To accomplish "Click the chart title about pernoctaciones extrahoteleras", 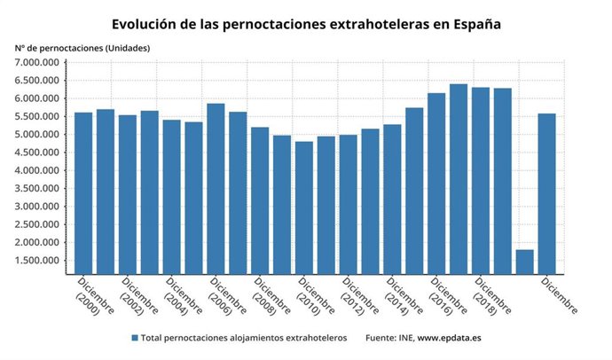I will (306, 24).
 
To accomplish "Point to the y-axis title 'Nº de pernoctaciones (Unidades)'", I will (82, 47).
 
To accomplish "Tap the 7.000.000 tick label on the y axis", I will (37, 62).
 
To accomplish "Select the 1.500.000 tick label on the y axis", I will (37, 261).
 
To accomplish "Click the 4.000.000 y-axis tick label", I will (37, 170).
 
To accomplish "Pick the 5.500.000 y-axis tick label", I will (37, 116).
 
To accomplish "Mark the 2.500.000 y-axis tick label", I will (37, 224).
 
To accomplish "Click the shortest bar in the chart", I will (524, 262).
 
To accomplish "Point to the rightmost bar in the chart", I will (546, 194).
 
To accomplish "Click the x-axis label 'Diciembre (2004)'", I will (183, 296).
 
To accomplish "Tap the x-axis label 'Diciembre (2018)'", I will (492, 296).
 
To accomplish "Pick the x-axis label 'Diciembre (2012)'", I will (360, 296).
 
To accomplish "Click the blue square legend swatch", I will (135, 339).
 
